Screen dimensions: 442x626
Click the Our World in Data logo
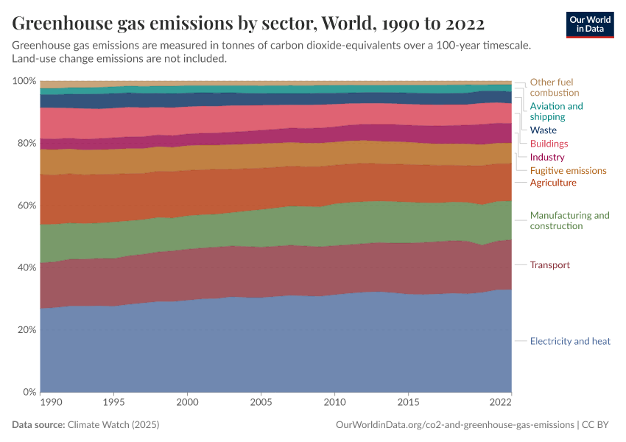590,24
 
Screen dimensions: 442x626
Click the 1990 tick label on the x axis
51,403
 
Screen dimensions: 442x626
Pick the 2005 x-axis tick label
261,403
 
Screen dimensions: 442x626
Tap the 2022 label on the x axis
500,403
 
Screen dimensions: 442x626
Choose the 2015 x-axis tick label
409,403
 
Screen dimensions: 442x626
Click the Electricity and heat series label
570,341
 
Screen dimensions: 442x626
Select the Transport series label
549,265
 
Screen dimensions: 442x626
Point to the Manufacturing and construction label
569,221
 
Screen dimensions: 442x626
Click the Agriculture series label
553,183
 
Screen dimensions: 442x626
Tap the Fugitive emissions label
568,170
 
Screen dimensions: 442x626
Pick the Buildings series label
549,144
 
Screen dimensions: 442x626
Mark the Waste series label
544,130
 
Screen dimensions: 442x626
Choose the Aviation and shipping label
556,111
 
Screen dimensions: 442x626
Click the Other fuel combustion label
554,88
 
